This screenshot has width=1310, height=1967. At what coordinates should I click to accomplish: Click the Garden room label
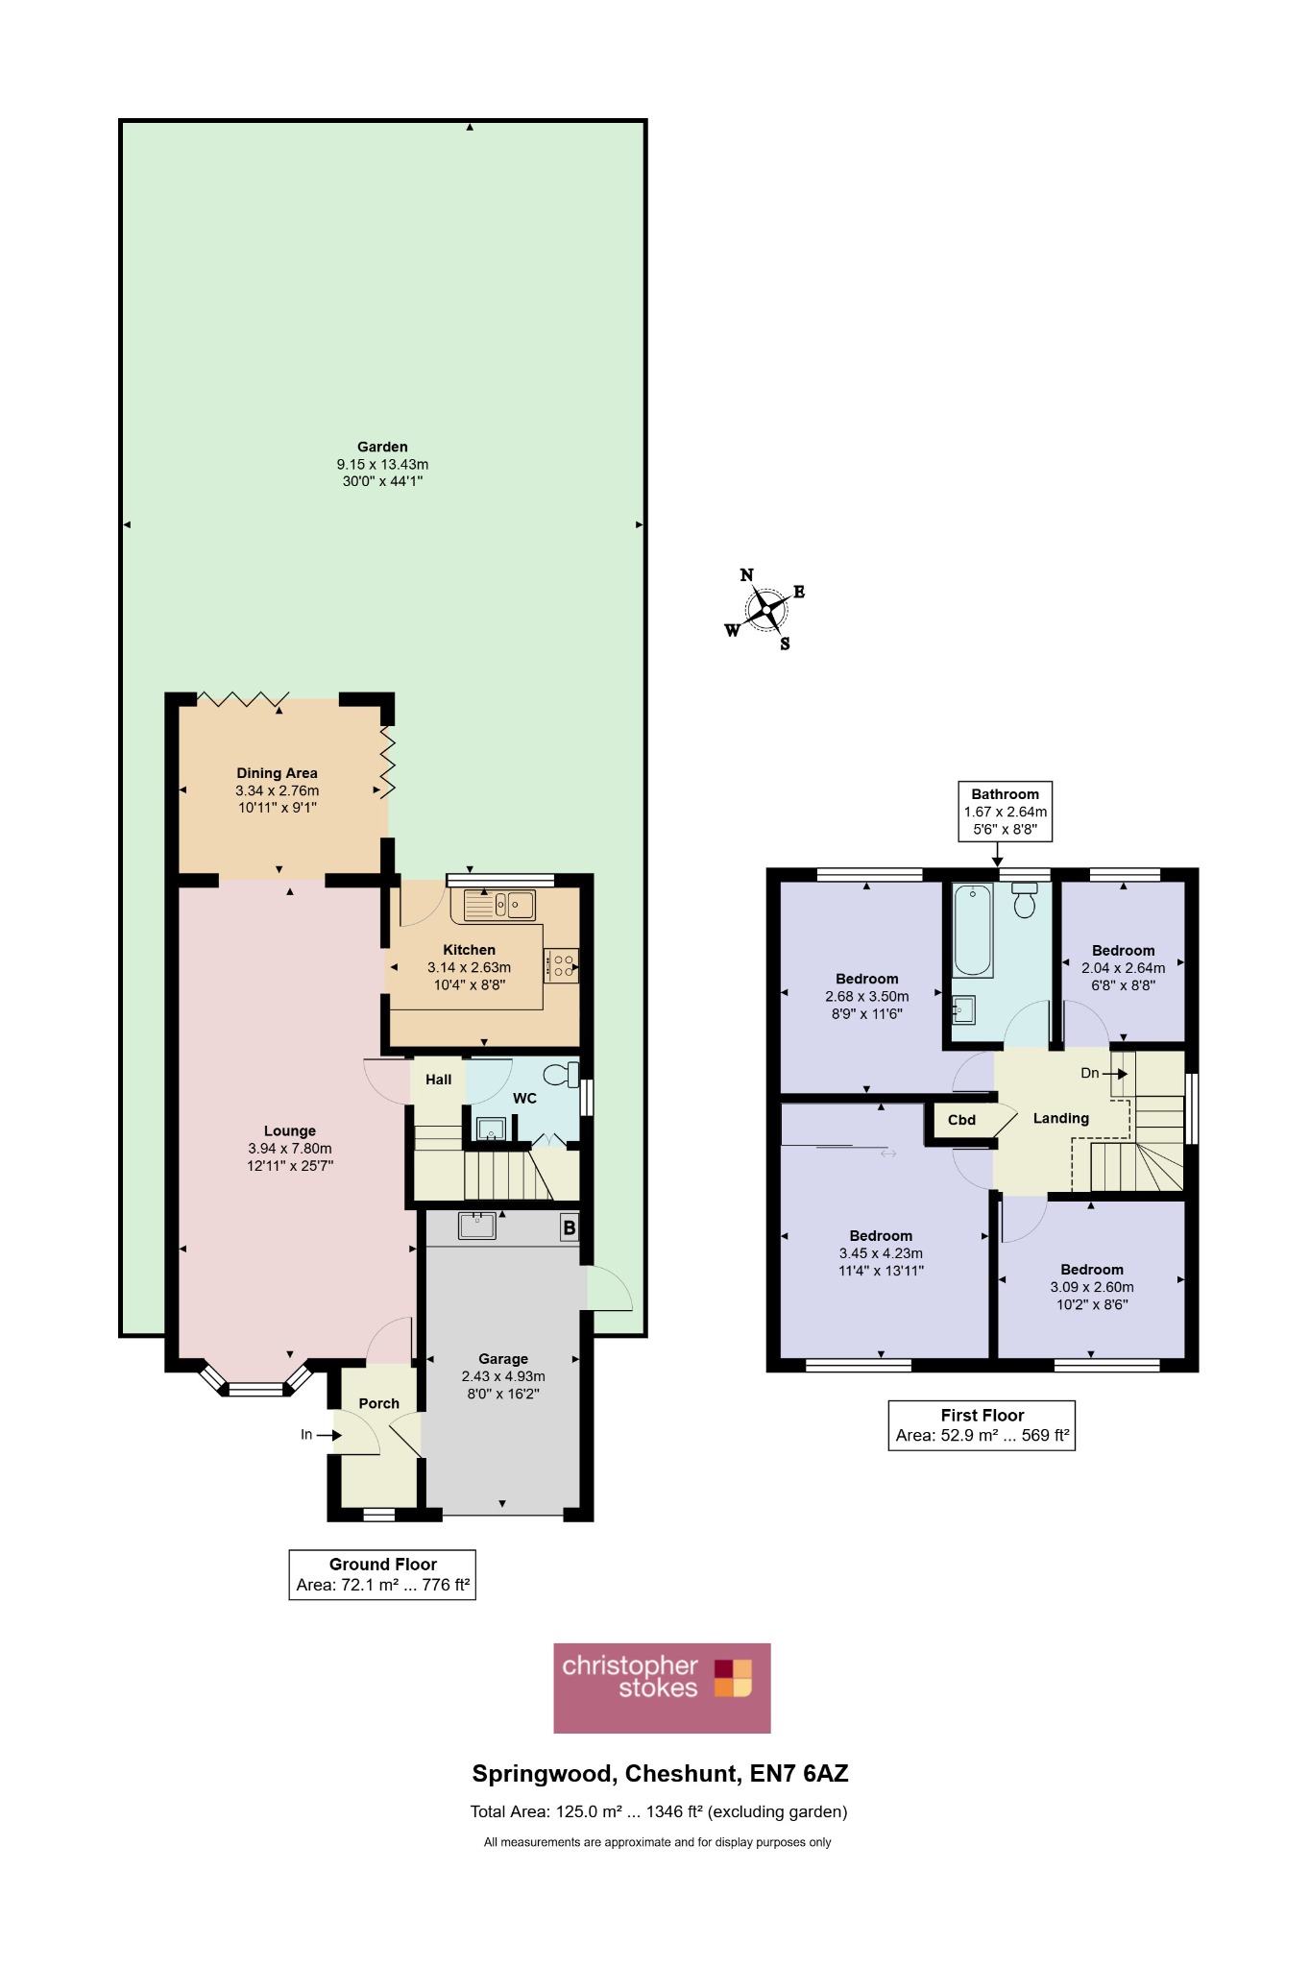382,447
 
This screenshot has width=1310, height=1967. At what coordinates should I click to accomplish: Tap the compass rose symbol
765,609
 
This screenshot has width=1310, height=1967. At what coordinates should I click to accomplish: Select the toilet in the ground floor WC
562,1073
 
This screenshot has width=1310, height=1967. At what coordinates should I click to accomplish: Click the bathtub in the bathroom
973,931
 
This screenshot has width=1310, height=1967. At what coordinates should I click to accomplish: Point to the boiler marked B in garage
570,1227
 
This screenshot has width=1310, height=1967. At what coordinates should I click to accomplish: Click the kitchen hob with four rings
562,965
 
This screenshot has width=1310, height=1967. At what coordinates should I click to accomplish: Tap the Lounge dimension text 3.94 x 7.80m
290,1149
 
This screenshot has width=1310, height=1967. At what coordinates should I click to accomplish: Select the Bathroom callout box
1006,812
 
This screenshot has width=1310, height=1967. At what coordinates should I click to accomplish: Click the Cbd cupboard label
961,1120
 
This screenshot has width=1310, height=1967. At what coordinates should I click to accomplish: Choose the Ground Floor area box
382,1574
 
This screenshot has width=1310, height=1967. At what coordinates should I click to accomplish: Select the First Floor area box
982,1425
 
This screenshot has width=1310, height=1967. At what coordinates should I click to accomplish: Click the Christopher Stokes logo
662,1688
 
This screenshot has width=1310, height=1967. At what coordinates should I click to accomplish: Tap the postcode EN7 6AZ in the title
799,1774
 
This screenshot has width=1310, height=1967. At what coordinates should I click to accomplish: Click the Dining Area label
277,773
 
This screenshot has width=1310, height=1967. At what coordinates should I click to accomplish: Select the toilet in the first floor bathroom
1025,900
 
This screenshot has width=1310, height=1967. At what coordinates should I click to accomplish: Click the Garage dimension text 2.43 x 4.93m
503,1376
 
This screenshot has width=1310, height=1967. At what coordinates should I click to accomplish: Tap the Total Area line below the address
659,1812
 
